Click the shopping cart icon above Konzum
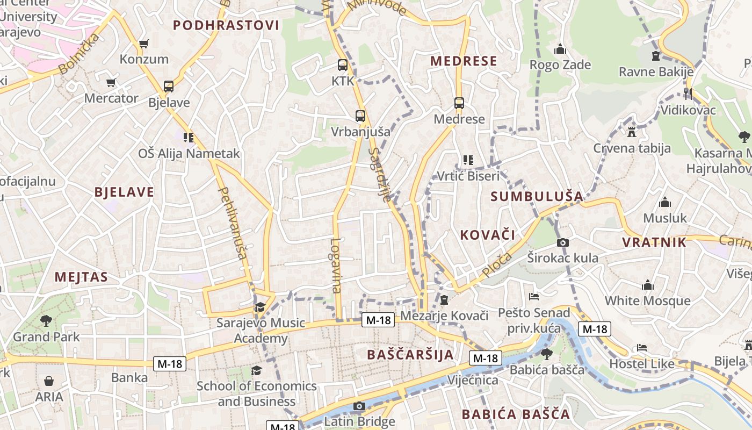(x=143, y=44)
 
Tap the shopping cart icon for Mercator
(x=111, y=83)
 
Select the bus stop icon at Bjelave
(x=168, y=86)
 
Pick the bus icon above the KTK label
(x=342, y=65)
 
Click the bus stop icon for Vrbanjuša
(x=360, y=116)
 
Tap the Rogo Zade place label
(x=560, y=65)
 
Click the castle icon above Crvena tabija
(x=631, y=132)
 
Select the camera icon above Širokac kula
(x=562, y=242)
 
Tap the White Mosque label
(x=647, y=300)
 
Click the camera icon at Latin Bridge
(x=359, y=406)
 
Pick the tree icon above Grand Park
(x=46, y=321)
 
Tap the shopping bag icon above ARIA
(x=49, y=381)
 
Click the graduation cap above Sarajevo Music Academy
(x=260, y=307)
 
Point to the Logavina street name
(x=336, y=266)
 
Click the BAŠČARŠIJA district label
(x=410, y=355)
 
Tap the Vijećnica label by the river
(x=472, y=380)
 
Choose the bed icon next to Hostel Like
(x=641, y=348)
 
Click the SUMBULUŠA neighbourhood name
(x=537, y=196)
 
